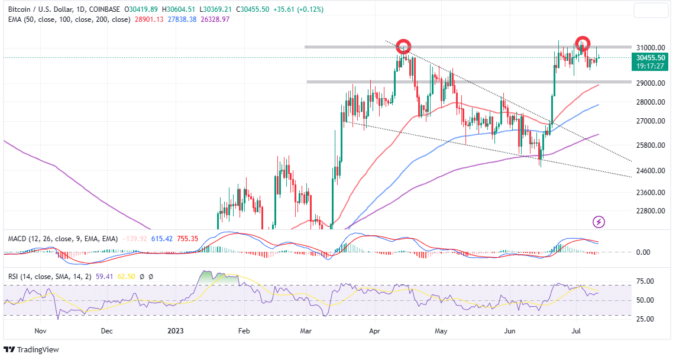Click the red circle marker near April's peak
403,46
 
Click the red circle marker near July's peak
583,43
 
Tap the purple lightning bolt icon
599,222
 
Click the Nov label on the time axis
40,331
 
